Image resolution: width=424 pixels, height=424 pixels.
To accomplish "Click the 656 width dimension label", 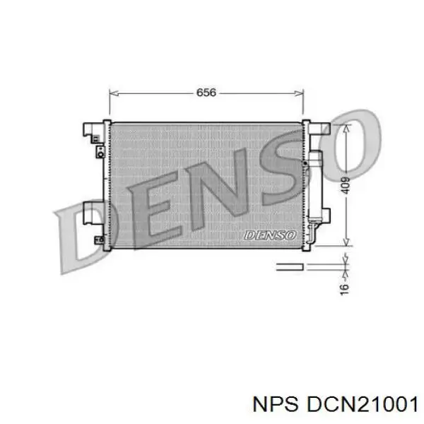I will click(x=206, y=93).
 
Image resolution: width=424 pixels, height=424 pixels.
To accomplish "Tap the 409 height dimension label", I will click(x=345, y=186).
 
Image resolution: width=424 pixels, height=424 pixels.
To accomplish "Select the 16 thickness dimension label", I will click(x=345, y=288).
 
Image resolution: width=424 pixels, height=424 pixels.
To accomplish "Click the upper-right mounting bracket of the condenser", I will click(x=319, y=130).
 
